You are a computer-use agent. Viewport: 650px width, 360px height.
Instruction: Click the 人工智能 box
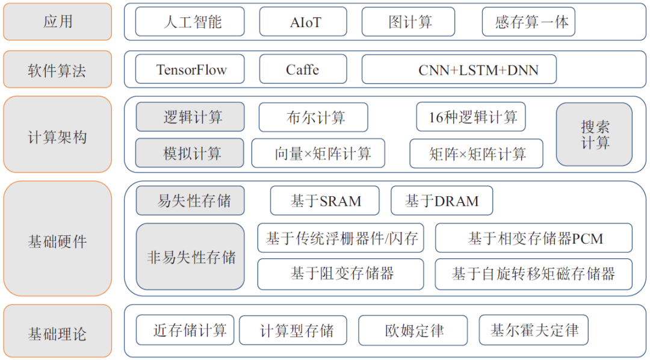pos(190,22)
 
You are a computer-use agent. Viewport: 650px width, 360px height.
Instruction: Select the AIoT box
pos(303,22)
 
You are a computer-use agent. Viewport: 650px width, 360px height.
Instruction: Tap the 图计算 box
pos(408,22)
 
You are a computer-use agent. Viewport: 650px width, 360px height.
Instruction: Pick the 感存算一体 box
pos(528,22)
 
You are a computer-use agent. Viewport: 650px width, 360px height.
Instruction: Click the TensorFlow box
pos(190,69)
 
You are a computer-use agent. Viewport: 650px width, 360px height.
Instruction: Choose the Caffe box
pos(303,69)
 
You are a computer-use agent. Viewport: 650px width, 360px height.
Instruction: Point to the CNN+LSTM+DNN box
pos(459,69)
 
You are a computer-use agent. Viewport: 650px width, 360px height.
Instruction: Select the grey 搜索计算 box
pos(594,134)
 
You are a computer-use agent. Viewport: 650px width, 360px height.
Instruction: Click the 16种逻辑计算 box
pos(471,117)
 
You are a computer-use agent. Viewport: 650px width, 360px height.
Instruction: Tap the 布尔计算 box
pos(314,117)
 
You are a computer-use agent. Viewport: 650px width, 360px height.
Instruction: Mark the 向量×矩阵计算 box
pos(318,154)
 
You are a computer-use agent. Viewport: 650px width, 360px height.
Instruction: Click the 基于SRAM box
pos(324,200)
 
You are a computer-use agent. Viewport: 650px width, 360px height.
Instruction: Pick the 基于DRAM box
pos(442,200)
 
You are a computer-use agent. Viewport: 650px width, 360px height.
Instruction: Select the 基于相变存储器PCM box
pos(533,238)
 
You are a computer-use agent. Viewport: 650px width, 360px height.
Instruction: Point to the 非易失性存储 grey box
pos(190,256)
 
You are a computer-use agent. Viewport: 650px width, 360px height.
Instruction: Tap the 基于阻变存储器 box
pos(341,274)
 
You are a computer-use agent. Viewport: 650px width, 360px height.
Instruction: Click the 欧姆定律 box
pos(413,330)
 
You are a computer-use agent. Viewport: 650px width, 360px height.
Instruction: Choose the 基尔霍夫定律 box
pos(533,330)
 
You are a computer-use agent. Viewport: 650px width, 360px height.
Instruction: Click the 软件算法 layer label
pos(58,69)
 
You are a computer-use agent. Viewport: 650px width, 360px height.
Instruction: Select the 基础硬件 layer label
pos(58,238)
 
